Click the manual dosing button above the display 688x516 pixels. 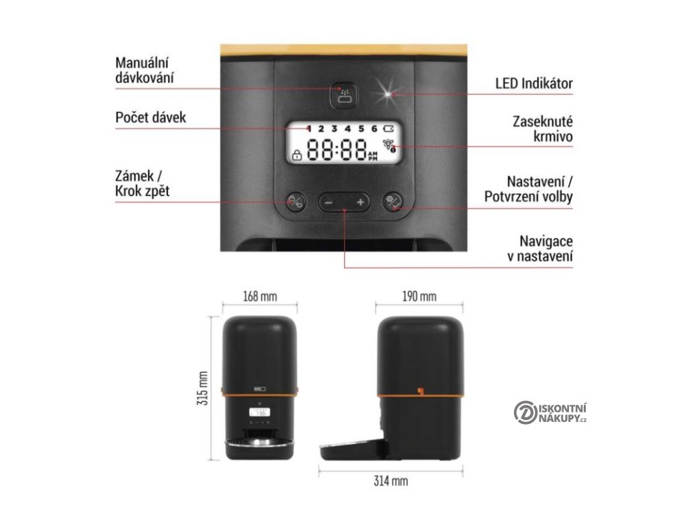pos(344,95)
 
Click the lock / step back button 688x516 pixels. pos(296,201)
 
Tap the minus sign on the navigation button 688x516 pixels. pos(329,202)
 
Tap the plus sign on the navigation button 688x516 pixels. pos(360,202)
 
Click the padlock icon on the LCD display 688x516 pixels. pos(296,156)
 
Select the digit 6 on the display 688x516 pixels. pos(373,128)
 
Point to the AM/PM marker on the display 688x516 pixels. pos(374,157)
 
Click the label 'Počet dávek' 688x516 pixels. pos(150,118)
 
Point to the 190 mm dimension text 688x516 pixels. pos(419,296)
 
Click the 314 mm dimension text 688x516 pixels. pos(390,481)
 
